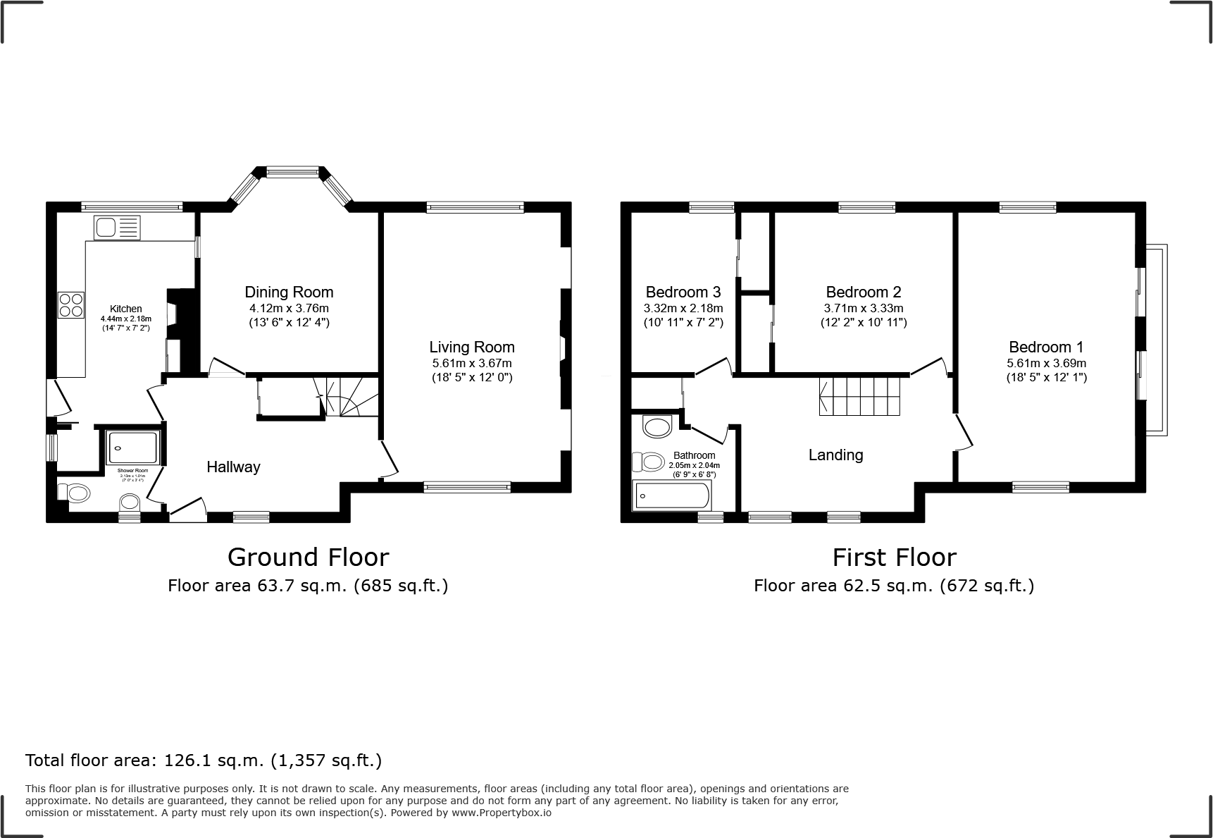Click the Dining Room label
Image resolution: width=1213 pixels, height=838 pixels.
(x=289, y=292)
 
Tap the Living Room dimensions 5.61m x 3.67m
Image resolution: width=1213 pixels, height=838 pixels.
(x=471, y=364)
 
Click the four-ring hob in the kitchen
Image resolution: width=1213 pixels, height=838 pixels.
(x=71, y=304)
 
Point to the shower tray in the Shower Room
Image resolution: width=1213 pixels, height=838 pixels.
(x=132, y=448)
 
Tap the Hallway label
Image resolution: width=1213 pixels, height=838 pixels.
(x=233, y=467)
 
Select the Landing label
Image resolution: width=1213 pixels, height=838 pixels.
(x=835, y=455)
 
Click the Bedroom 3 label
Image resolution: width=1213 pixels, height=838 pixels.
(x=683, y=292)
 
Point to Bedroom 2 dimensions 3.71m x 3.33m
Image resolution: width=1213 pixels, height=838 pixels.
(x=863, y=309)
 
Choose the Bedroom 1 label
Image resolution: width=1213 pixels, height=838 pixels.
(x=1046, y=347)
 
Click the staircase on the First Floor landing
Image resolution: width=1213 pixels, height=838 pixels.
(x=860, y=396)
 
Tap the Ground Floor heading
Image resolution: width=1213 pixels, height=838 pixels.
(x=308, y=557)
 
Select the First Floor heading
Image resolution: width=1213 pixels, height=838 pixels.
(x=894, y=557)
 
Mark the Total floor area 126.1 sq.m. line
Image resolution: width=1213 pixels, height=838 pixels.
(x=204, y=760)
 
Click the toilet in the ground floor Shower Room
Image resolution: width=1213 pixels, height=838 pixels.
(x=73, y=492)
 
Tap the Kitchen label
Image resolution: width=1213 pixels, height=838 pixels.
(x=125, y=309)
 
